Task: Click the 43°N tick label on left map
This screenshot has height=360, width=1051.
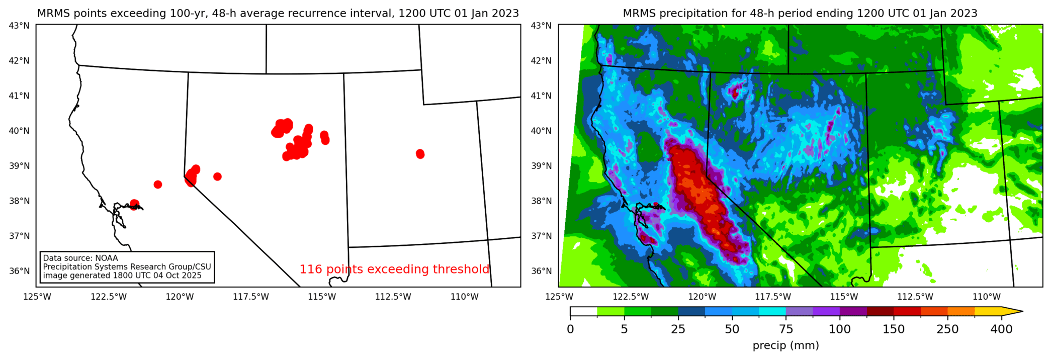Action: point(20,25)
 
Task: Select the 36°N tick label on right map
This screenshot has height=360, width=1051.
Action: point(541,271)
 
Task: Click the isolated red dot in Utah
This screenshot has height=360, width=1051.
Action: point(420,154)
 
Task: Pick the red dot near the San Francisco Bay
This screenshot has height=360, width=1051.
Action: point(134,205)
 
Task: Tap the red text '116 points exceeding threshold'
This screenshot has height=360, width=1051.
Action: point(394,269)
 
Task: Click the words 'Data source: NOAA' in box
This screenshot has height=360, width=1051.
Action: point(80,258)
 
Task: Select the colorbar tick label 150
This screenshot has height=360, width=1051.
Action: point(894,329)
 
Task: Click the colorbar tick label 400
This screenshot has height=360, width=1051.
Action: point(1001,329)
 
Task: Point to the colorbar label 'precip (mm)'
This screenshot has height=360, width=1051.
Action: point(785,345)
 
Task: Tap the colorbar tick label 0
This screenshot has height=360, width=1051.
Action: point(570,329)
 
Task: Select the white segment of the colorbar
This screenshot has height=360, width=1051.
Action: point(583,311)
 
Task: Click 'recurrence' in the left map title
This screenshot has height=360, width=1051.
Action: point(324,14)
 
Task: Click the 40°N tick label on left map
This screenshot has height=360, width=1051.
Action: point(20,131)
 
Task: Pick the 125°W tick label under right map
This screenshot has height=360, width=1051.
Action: point(559,297)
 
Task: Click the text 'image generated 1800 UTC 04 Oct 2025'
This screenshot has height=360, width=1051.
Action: point(122,276)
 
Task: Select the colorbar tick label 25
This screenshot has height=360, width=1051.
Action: point(678,329)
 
